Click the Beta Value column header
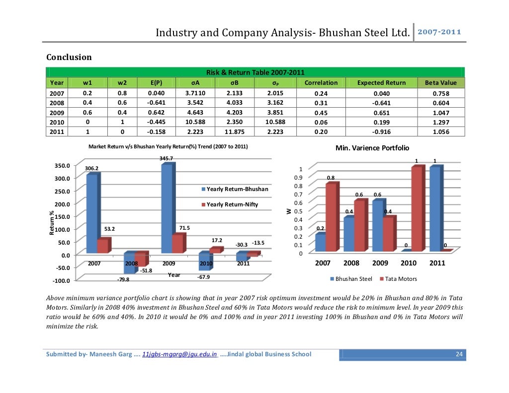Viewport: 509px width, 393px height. (x=440, y=83)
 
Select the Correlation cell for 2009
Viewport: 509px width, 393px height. (x=321, y=112)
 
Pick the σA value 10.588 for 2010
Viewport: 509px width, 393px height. (x=192, y=122)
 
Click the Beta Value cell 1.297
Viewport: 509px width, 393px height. (x=440, y=122)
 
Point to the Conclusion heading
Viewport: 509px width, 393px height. (x=69, y=57)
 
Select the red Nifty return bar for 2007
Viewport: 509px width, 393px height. (x=102, y=246)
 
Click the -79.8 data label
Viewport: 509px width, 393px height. (x=122, y=280)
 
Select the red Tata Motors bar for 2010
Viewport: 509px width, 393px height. (x=416, y=208)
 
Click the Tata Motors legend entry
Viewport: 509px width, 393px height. (x=398, y=279)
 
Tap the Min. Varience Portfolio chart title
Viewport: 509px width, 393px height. (x=372, y=148)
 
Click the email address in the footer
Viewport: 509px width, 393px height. (x=179, y=354)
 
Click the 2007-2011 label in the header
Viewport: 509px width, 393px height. (x=439, y=32)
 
